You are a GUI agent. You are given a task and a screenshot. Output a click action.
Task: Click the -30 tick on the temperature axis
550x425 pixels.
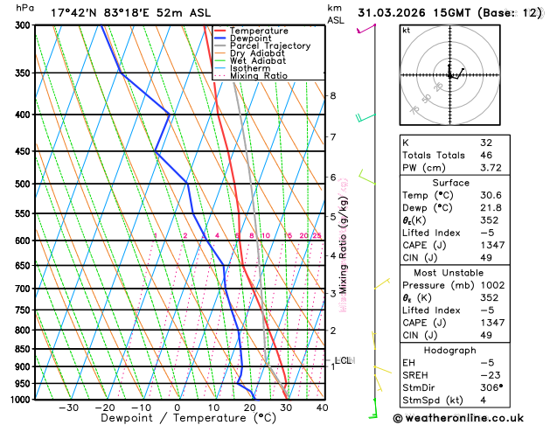coord(68,408)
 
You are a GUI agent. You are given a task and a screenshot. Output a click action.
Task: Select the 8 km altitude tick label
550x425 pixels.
coord(333,95)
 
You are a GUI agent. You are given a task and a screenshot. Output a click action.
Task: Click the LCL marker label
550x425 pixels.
coord(343,360)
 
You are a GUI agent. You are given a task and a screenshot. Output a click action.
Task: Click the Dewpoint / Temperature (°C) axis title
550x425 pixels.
coord(178,419)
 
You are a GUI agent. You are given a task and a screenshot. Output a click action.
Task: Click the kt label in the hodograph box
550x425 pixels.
coord(407,30)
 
